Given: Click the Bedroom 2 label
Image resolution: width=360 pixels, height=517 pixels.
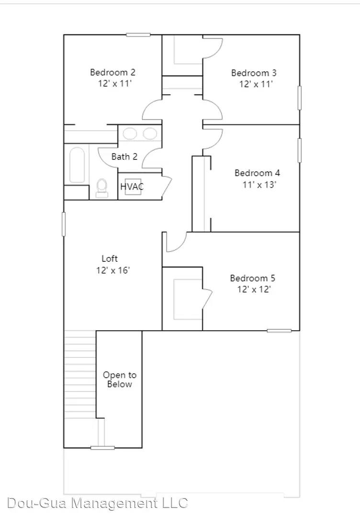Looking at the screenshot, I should coord(112,72).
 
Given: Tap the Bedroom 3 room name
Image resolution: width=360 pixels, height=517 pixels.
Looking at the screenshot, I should coord(254,73).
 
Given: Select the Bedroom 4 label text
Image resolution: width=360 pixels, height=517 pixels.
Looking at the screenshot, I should coord(257,173).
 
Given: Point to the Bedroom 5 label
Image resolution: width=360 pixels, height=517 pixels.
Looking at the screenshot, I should coord(253,278).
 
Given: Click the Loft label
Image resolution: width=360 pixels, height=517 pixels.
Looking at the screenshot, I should coord(109,258).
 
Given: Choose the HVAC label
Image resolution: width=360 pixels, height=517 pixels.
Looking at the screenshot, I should coord(132,187).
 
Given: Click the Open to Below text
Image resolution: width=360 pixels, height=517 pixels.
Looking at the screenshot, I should coord(119,380).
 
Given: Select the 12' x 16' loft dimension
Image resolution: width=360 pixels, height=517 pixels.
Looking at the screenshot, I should coord(113,270).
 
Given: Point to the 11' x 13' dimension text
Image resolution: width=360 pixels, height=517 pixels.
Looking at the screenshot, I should coord(259,184).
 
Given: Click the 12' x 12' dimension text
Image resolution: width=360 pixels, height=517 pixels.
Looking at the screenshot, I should coord(255,290).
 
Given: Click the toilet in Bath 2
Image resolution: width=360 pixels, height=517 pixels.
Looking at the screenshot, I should coord(101,188).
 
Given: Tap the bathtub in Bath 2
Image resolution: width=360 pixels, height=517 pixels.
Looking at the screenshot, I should coord(77,165).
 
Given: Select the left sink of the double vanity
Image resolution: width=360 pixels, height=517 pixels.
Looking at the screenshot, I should coord(130,134).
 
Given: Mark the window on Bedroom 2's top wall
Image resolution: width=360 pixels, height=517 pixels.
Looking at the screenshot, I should coord(138,34).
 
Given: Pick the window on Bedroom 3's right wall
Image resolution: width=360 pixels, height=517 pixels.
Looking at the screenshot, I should coord(300,98).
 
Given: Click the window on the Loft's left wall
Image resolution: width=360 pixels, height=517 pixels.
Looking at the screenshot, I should coord(64,224).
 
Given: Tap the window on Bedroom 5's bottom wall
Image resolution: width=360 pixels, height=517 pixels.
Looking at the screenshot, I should coord(279,330).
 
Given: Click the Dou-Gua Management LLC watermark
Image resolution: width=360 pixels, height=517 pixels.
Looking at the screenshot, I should coord(98,503).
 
